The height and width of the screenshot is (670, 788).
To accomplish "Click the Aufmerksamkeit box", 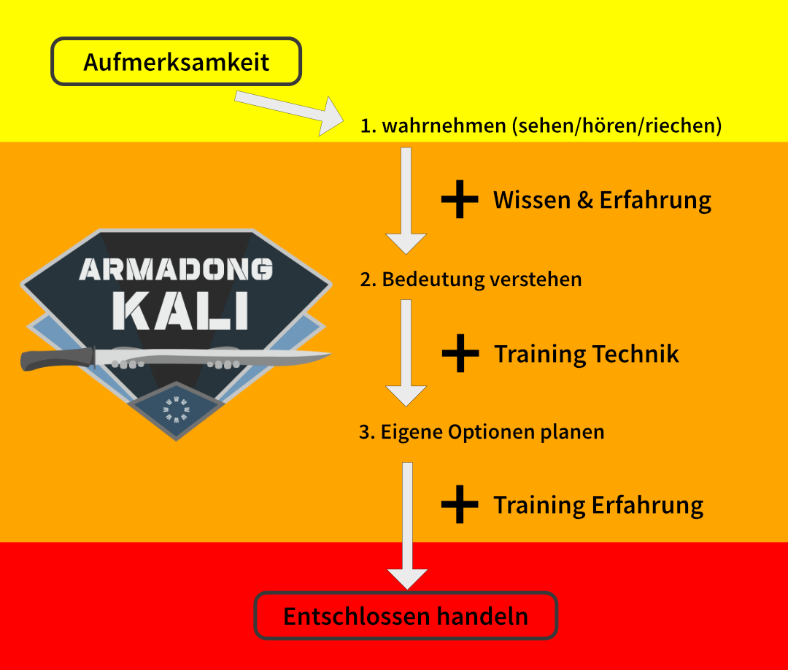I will coord(176,62).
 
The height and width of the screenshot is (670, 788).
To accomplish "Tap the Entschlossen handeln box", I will coord(406,616).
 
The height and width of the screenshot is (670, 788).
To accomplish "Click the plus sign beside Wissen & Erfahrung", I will coord(460,199).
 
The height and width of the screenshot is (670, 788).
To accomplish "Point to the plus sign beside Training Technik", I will coord(460,353).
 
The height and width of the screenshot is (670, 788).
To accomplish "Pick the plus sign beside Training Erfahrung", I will coord(460,504).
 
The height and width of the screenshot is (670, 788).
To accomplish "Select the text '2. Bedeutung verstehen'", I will coord(471,279).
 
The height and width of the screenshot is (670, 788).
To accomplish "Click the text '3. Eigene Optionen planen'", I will coord(482,431).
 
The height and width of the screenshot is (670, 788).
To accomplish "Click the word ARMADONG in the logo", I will coord(176,269).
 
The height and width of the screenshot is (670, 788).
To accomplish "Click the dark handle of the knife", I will coord(55,359).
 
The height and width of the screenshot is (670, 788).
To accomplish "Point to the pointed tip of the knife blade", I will coord(328,355).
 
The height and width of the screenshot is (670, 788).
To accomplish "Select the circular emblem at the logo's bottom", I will coord(176,409).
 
